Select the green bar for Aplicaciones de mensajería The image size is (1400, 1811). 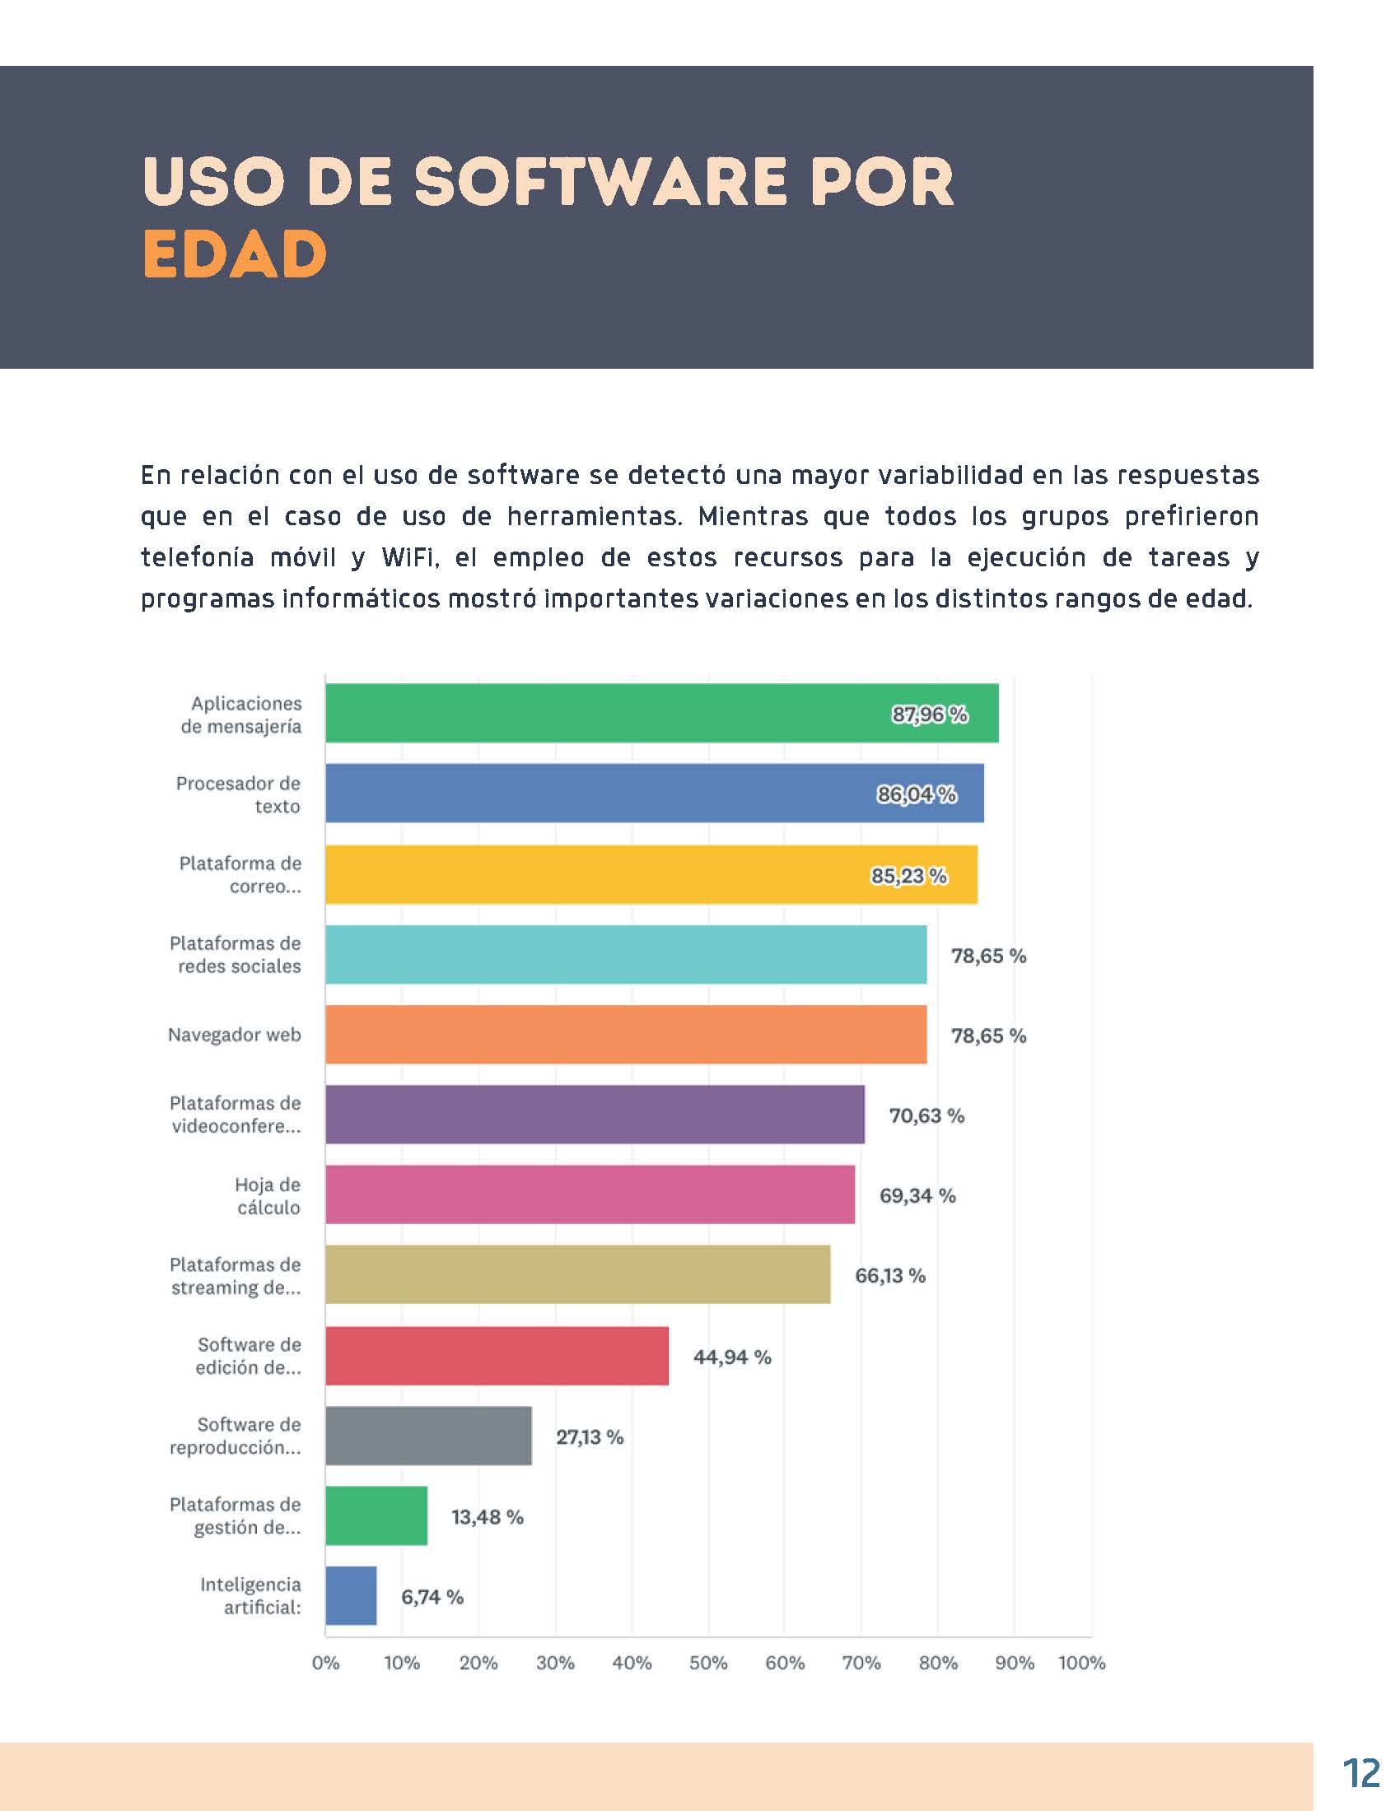[x=661, y=713]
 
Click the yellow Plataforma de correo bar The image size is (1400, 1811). [x=651, y=874]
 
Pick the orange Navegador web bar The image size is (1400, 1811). [x=625, y=1034]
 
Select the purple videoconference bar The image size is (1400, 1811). [x=594, y=1114]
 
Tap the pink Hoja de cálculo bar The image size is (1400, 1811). [x=589, y=1194]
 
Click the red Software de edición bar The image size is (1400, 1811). [x=496, y=1356]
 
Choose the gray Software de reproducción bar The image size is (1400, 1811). [x=428, y=1436]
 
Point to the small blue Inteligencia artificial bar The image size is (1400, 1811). [x=351, y=1595]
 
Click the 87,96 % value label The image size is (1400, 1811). [x=930, y=714]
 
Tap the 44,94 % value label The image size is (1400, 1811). [x=731, y=1357]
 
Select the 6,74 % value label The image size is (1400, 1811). [x=432, y=1596]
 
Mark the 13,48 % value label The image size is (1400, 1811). [x=487, y=1516]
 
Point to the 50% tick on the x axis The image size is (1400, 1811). [x=708, y=1663]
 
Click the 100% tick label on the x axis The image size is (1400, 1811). [x=1081, y=1663]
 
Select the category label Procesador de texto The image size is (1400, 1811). [x=238, y=794]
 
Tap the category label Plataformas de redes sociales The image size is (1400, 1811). [x=236, y=954]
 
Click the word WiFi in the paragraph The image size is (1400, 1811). [x=409, y=557]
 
